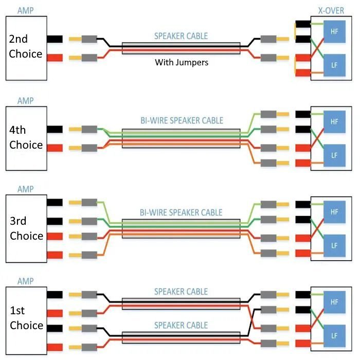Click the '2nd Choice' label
(26, 46)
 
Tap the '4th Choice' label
(26, 137)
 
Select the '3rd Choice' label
(26, 228)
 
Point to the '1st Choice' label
(26, 318)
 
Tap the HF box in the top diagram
(334, 31)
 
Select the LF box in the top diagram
(334, 65)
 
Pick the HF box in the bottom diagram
(334, 302)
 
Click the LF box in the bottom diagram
(334, 336)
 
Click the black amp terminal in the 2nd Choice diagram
(54, 39)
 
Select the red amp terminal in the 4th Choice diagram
(54, 148)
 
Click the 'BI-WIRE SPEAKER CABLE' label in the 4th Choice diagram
(182, 121)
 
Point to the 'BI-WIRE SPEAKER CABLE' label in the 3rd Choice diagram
(182, 212)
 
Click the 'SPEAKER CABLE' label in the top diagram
(181, 36)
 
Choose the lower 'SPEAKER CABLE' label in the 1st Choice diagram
(181, 326)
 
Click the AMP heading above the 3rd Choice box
(25, 189)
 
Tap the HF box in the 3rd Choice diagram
(334, 212)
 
